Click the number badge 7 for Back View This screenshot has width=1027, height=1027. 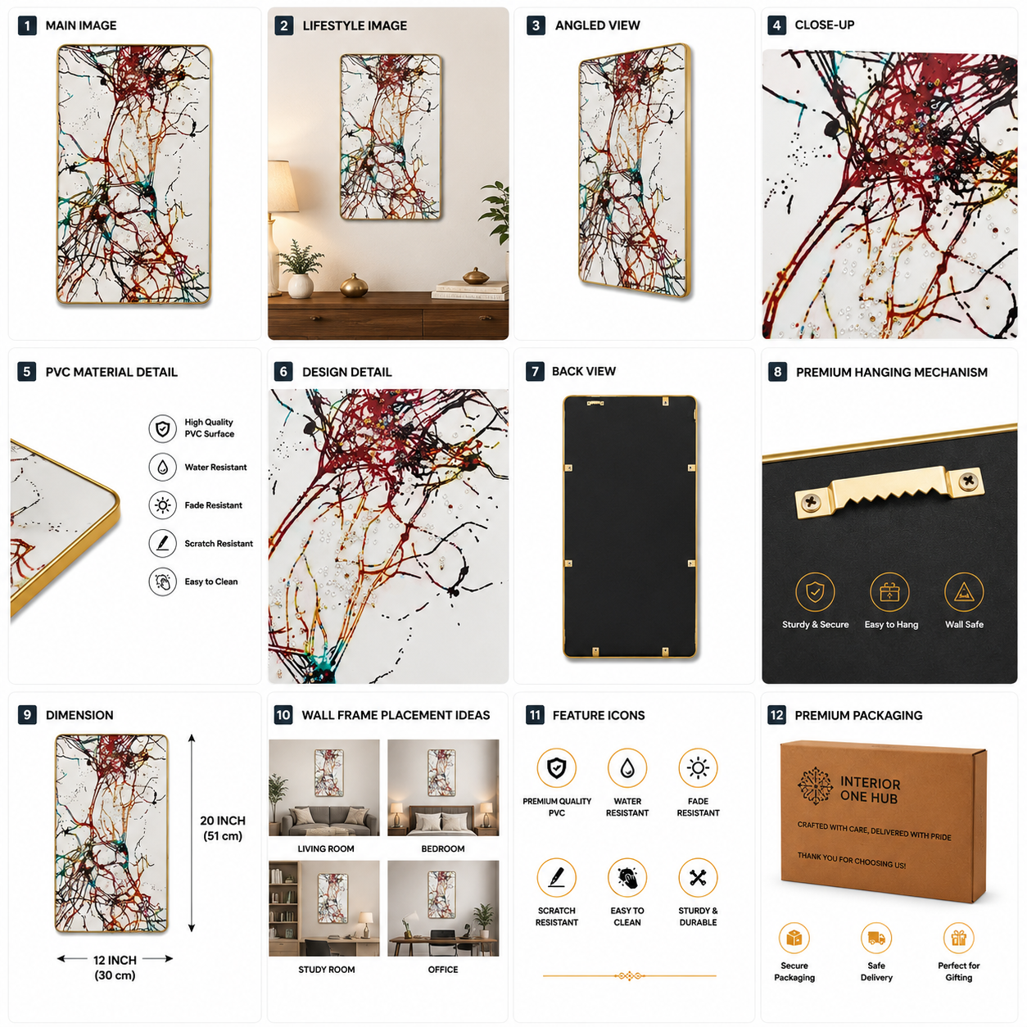535,372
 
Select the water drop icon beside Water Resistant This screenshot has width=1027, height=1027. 162,467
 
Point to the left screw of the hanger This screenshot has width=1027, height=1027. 811,502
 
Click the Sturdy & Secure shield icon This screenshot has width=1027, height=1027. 815,591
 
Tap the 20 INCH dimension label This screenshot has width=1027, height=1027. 223,828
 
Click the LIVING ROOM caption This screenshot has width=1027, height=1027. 326,848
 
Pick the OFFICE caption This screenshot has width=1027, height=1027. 443,970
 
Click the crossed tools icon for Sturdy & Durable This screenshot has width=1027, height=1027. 698,878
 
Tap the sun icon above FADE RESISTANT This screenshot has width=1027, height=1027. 698,768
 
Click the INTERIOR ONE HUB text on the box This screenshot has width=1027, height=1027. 871,790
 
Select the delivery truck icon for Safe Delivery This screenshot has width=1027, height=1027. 876,938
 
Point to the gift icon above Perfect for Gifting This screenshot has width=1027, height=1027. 958,938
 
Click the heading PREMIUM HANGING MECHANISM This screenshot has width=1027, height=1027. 892,372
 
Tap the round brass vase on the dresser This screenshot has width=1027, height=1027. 354,286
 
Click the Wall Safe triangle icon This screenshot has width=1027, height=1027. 964,591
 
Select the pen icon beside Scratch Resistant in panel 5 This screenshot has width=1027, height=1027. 162,543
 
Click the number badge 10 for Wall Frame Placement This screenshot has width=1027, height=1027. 283,715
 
